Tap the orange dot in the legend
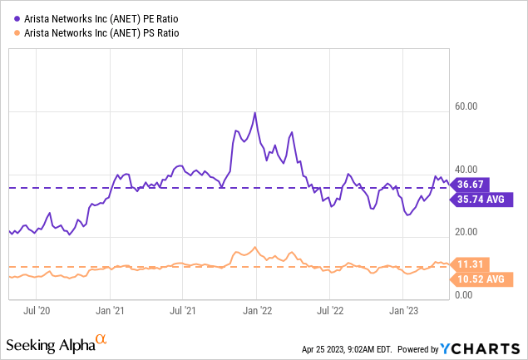10,32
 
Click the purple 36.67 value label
471,184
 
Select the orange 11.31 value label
471,264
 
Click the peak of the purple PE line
255,112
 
